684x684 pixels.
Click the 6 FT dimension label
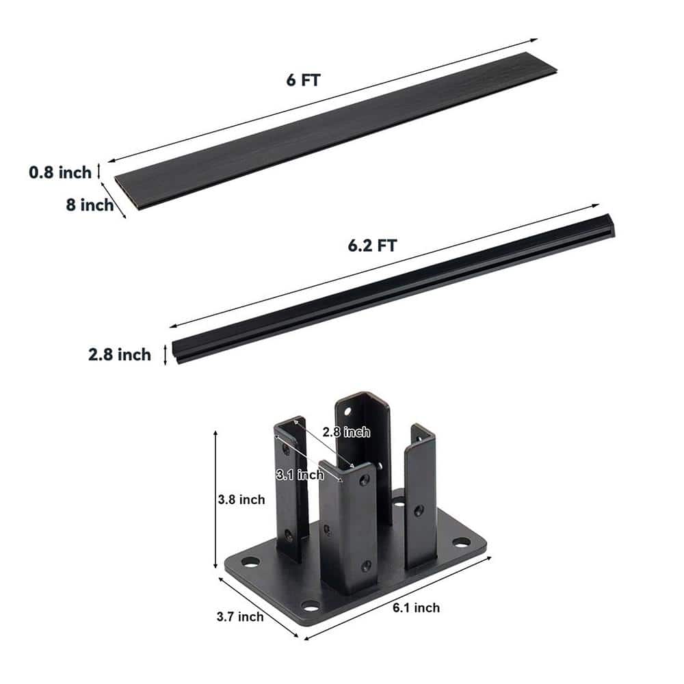(303, 80)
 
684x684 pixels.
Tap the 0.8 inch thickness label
(60, 172)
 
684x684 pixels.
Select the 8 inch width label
(90, 205)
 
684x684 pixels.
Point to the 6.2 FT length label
(372, 246)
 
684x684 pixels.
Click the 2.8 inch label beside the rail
(120, 354)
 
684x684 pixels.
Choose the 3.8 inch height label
(241, 499)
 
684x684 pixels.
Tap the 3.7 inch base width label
(240, 617)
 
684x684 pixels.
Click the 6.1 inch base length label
(416, 607)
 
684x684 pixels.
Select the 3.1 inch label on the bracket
(300, 475)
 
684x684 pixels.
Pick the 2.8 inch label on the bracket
(346, 432)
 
